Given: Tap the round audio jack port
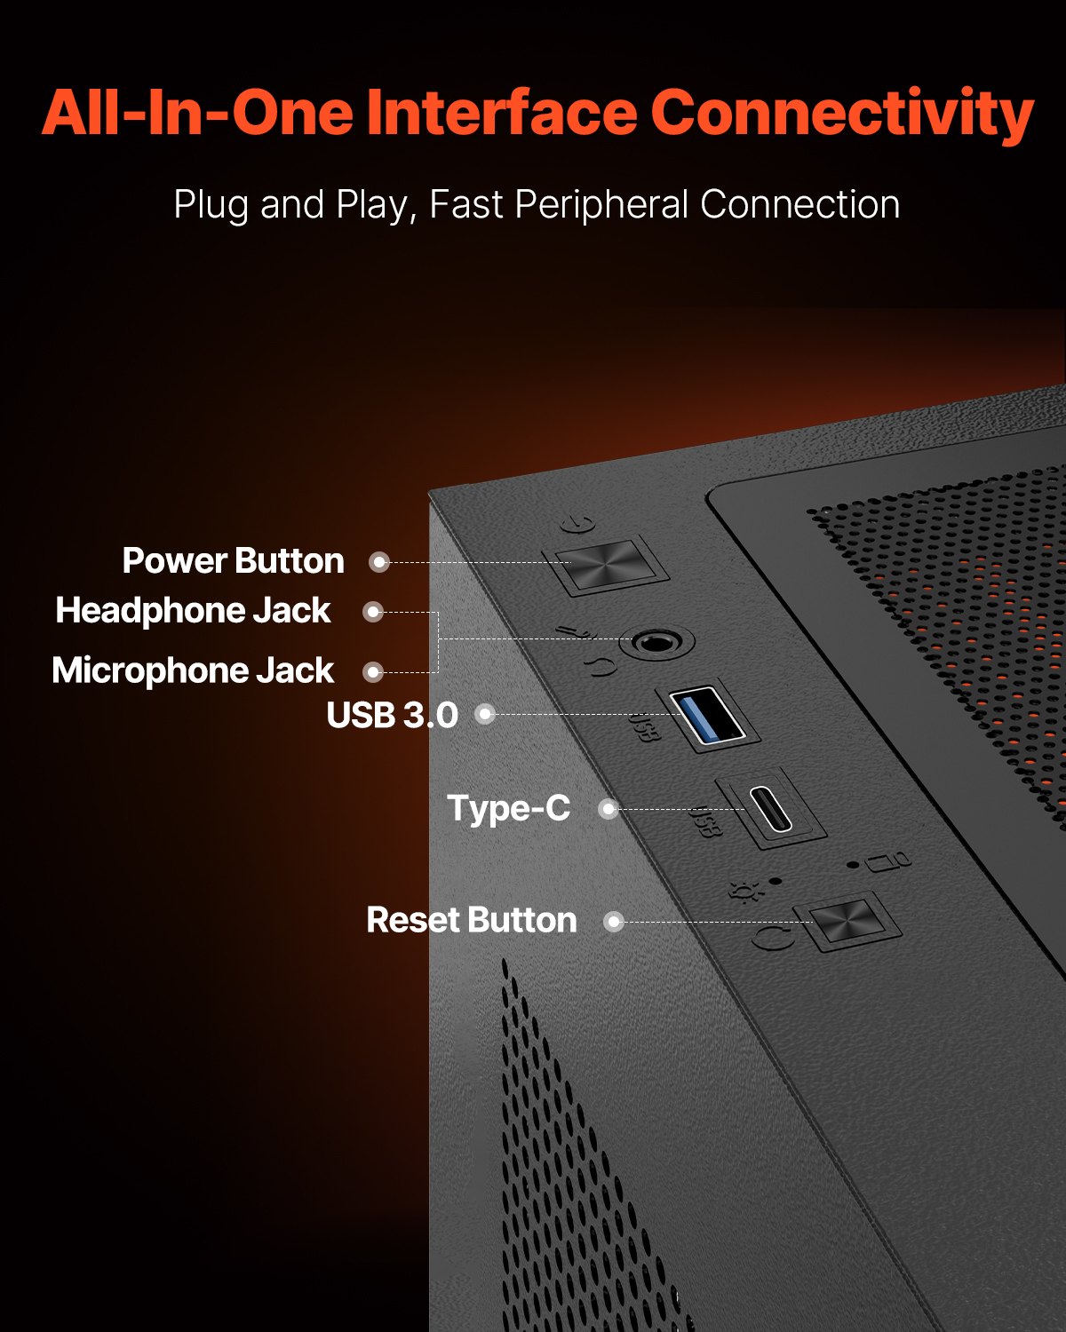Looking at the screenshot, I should click(x=656, y=641).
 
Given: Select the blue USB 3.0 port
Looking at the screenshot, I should click(x=707, y=716).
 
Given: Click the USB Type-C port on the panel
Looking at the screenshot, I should click(x=770, y=807).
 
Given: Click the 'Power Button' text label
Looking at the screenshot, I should click(x=233, y=561).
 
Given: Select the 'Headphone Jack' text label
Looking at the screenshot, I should click(x=193, y=611).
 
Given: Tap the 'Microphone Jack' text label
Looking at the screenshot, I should click(x=193, y=670).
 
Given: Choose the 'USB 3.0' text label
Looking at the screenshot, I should click(x=392, y=715).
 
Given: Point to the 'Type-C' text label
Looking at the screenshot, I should click(x=508, y=808).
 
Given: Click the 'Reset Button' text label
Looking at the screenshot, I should click(x=471, y=921).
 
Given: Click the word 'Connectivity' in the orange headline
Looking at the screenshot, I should click(x=842, y=113).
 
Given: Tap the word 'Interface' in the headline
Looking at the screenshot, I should click(x=501, y=113).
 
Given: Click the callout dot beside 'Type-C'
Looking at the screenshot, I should click(x=608, y=809).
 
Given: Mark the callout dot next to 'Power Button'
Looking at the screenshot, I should click(x=379, y=562).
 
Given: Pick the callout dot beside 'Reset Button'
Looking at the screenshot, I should click(x=613, y=922).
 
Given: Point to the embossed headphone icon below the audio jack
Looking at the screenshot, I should click(x=601, y=666).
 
